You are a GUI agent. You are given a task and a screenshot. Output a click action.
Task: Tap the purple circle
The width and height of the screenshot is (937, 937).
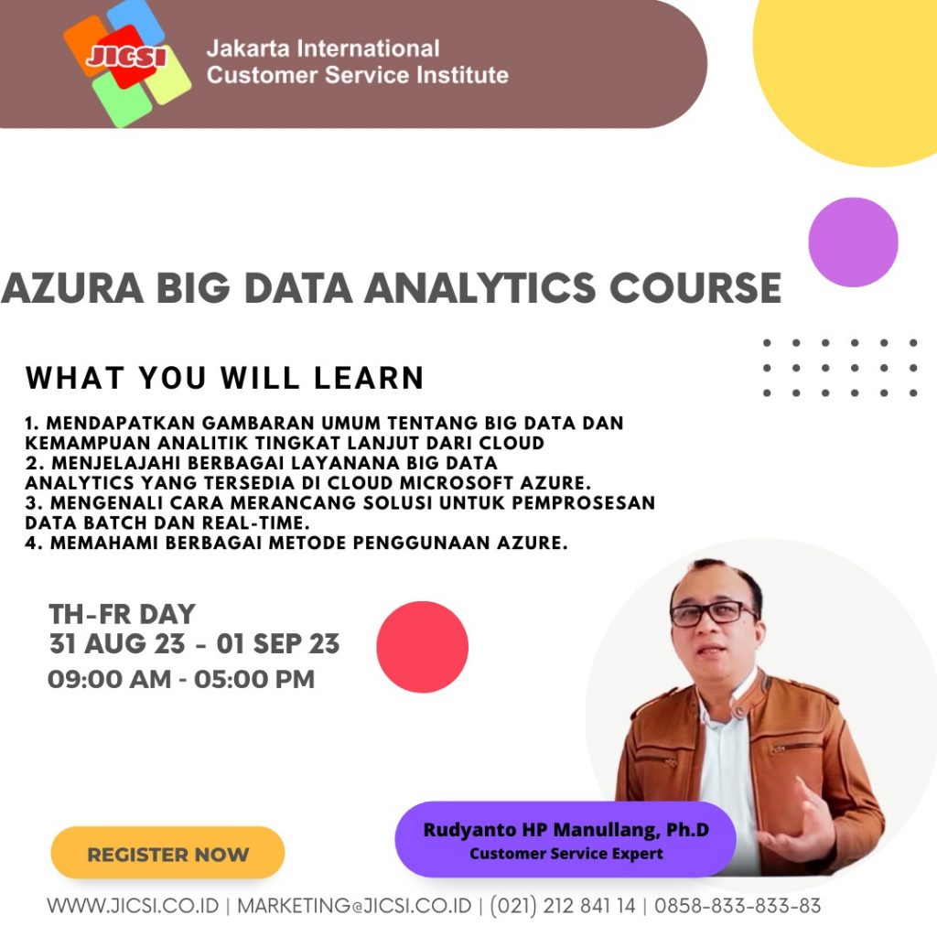click(x=853, y=242)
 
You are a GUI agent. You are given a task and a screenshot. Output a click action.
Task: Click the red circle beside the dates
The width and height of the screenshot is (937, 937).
click(x=423, y=647)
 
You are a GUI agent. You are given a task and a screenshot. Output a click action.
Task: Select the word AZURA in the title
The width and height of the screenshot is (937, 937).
click(x=72, y=288)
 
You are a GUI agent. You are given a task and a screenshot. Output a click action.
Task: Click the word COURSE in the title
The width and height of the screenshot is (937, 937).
click(x=695, y=288)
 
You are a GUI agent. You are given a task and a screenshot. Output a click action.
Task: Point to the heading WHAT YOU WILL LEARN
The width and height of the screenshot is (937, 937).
click(x=225, y=378)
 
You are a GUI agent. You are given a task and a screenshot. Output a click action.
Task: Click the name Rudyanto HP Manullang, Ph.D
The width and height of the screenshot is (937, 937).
click(x=565, y=829)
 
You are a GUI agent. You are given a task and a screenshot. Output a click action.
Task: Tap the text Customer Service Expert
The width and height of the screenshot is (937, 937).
click(x=565, y=854)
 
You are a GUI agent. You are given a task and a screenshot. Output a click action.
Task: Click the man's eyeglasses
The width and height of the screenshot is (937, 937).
click(x=714, y=613)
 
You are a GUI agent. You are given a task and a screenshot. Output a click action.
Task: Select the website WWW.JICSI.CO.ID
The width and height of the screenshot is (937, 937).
click(x=134, y=906)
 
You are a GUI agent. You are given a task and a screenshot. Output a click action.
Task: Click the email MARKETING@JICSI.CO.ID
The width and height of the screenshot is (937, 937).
click(x=354, y=906)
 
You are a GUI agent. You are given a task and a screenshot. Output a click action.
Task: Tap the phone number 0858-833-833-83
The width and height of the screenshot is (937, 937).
click(x=738, y=906)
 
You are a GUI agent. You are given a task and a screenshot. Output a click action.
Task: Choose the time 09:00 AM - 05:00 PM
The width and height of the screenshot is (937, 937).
click(x=181, y=680)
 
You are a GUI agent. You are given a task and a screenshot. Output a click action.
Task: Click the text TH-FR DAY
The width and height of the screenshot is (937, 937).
click(x=122, y=614)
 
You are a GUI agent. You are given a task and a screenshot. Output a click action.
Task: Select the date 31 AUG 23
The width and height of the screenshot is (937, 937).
click(x=117, y=644)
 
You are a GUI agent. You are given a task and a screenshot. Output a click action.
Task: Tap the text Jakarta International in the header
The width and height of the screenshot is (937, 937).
click(x=323, y=48)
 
